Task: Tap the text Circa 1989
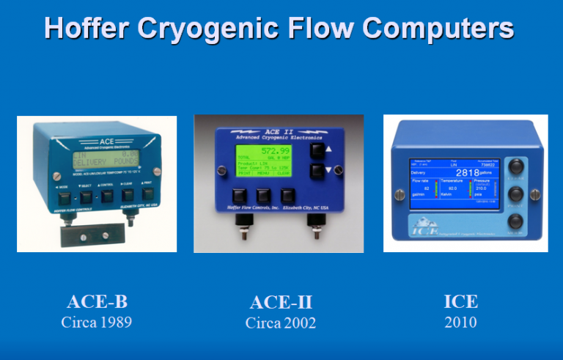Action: [x=102, y=322]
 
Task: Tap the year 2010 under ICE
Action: [x=460, y=322]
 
